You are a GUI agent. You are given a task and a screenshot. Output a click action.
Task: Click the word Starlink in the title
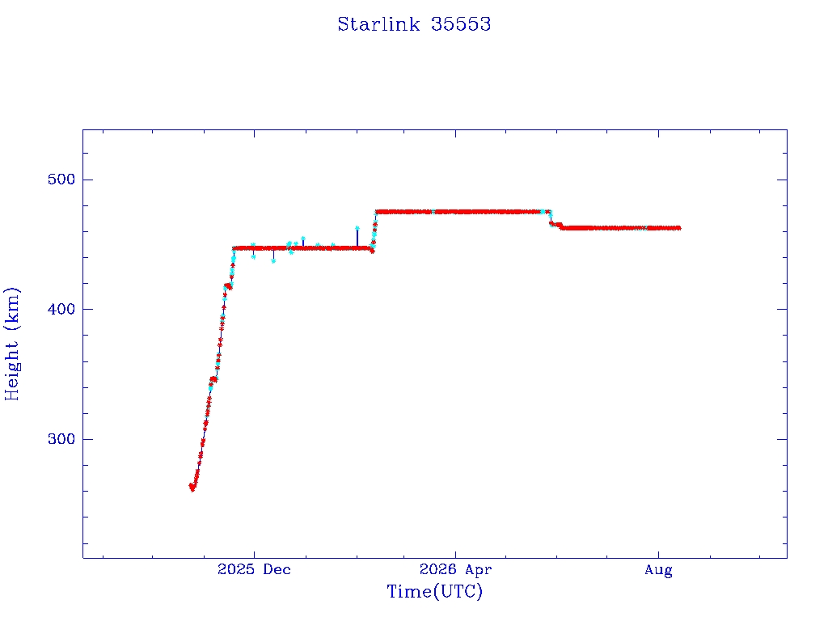point(378,24)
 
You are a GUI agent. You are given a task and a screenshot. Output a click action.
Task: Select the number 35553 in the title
point(461,24)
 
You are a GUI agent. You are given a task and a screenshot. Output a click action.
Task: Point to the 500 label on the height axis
point(61,180)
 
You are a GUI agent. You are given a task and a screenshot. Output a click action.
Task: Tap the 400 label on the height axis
point(61,309)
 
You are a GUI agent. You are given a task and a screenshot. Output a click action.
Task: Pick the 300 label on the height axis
point(61,439)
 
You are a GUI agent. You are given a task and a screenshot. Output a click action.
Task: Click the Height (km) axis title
point(11,344)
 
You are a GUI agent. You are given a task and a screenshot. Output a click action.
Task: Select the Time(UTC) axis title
point(434,591)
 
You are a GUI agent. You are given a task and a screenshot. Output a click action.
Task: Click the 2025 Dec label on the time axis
point(254,569)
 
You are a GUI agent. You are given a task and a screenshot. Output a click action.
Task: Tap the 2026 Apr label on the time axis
point(456,569)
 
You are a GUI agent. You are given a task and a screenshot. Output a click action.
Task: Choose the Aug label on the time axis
point(658,570)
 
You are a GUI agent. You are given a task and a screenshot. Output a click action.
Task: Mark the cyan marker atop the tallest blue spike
point(357,229)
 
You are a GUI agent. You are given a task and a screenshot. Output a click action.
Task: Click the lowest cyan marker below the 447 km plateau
point(273,261)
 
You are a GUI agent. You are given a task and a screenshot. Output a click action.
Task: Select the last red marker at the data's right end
point(678,228)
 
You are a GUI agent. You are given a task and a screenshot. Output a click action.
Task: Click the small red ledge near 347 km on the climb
point(213,379)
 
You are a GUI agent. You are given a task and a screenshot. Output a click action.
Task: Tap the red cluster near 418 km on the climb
point(228,286)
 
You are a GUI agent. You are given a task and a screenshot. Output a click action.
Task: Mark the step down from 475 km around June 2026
point(551,219)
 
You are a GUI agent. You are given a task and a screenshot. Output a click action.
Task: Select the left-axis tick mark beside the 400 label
point(87,309)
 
